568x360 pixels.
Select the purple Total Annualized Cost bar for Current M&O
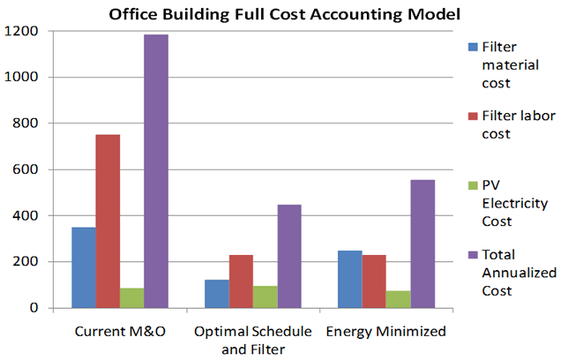click(x=156, y=171)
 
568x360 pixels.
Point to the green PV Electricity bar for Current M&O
click(x=132, y=298)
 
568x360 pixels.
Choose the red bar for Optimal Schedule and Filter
click(x=241, y=281)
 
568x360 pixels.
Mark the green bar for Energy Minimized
click(x=398, y=299)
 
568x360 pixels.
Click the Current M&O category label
click(x=120, y=331)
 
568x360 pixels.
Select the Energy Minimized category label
click(x=385, y=331)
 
